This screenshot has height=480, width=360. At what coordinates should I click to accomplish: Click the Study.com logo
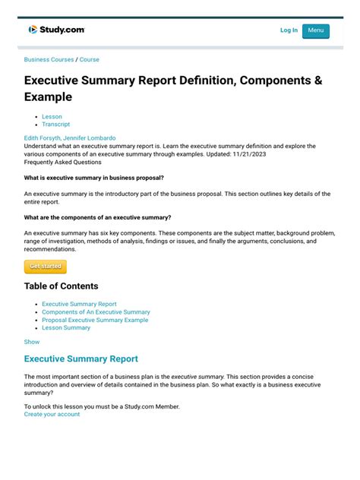click(x=57, y=30)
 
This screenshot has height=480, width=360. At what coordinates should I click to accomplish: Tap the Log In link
click(x=289, y=30)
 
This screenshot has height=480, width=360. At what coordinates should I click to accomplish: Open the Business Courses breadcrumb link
click(x=49, y=59)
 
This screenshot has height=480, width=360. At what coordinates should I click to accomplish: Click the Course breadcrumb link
click(x=90, y=59)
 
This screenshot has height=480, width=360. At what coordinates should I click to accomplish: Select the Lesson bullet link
click(x=52, y=116)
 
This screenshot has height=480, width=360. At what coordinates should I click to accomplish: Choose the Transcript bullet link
click(x=55, y=124)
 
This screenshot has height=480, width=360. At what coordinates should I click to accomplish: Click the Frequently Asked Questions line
click(x=62, y=162)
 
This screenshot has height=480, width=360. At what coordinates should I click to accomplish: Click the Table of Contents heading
click(x=61, y=286)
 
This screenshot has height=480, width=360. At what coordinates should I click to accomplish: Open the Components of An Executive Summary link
click(x=96, y=311)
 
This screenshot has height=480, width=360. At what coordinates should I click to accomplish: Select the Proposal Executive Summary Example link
click(x=95, y=320)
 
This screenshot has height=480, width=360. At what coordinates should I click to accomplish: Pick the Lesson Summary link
click(x=66, y=327)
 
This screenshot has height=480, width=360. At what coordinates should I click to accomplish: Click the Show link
click(x=32, y=342)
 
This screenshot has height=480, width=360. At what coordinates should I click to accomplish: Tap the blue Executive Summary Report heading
click(x=81, y=358)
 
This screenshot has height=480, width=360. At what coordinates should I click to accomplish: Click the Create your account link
click(x=52, y=414)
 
